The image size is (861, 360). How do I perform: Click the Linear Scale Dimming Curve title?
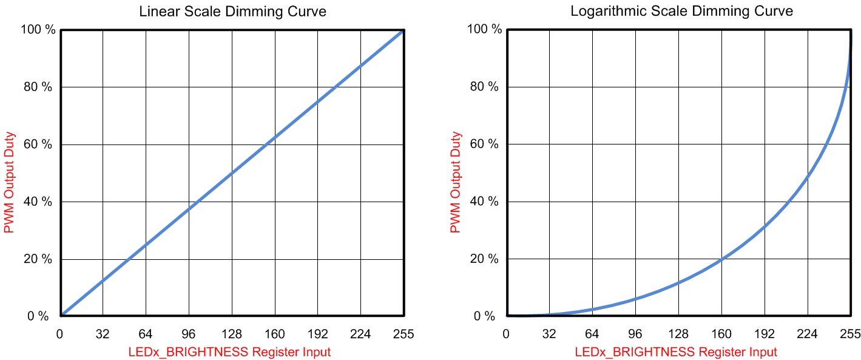pos(232,12)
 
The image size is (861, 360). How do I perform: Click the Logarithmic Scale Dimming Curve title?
pos(681,11)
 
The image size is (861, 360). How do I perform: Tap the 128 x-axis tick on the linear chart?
pos(232,333)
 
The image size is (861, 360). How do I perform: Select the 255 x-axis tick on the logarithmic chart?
pos(850,333)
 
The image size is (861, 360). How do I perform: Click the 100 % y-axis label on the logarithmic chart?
pos(484,29)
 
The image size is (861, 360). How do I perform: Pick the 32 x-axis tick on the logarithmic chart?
pos(549,333)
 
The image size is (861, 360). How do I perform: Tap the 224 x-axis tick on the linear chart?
pos(360,333)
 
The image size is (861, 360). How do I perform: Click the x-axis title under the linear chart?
pos(229,352)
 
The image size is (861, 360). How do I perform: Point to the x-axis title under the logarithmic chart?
pos(675,352)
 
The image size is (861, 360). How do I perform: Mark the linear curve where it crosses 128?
pos(232,172)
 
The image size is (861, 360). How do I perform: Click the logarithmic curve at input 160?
pos(721,259)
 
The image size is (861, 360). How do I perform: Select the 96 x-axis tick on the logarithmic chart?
pos(635,333)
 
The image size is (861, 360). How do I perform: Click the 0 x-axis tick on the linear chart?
pos(59,333)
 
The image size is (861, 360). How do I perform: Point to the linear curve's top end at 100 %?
pos(402,30)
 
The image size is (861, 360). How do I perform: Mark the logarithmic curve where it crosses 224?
pos(808,176)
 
